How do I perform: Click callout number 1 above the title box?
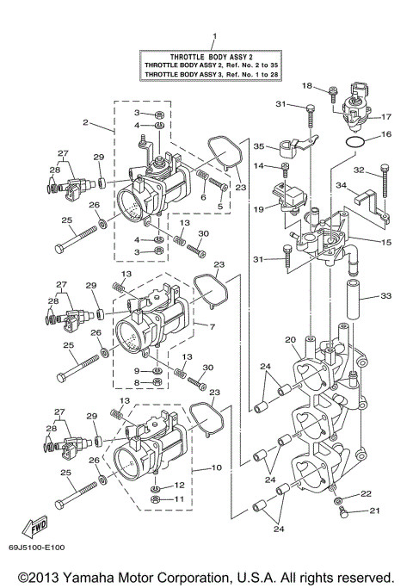click(214, 36)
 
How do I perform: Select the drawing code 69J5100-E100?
click(40, 548)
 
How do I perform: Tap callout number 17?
click(387, 116)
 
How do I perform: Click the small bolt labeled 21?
click(343, 513)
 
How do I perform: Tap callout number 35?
click(258, 147)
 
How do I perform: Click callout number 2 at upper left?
click(86, 122)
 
